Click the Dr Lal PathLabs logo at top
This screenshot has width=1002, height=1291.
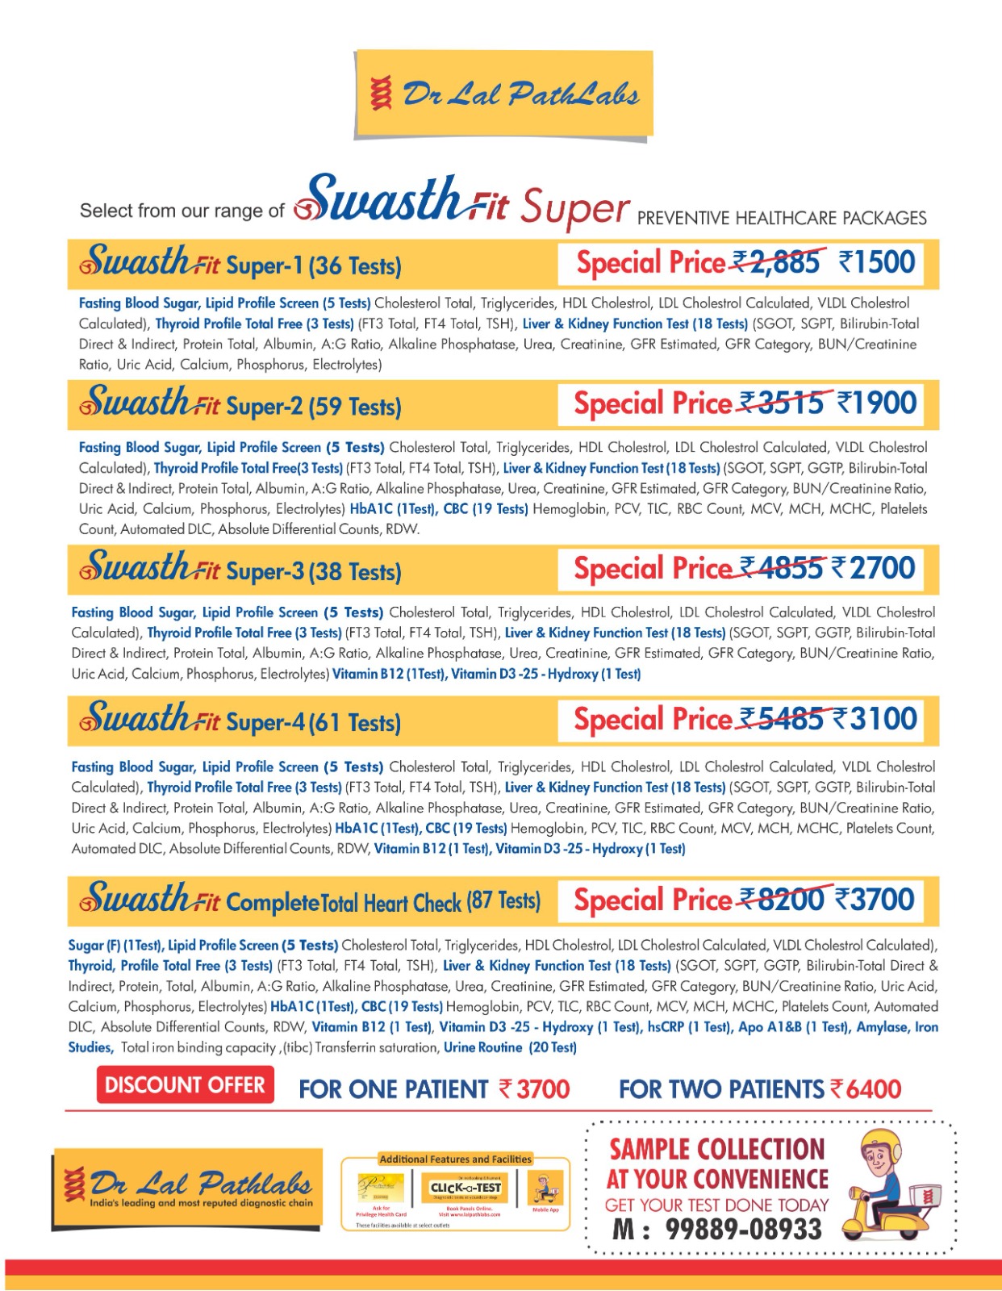coord(503,94)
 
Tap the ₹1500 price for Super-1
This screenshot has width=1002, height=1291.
coord(877,262)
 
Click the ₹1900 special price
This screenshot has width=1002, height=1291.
coord(877,403)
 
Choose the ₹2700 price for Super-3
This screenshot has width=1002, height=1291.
coord(874,568)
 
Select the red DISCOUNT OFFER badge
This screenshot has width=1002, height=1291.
coord(186,1085)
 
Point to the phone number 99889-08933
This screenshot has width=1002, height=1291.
coord(743,1230)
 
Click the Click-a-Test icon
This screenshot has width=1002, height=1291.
coord(466,1188)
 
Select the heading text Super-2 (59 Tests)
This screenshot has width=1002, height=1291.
coord(314,406)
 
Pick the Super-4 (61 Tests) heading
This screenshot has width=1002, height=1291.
coord(313,722)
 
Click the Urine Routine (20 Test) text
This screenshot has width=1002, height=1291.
coord(510,1047)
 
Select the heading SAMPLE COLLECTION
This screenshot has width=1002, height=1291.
coord(717,1149)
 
